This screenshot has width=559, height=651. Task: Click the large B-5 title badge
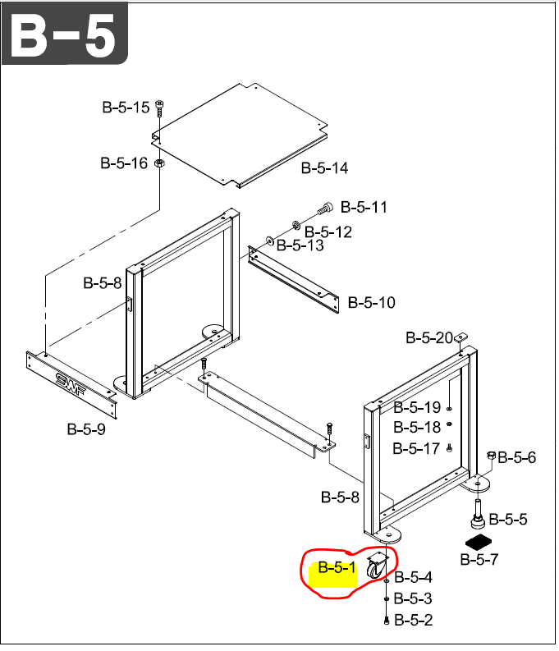pos(64,33)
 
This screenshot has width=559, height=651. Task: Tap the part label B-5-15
pos(126,108)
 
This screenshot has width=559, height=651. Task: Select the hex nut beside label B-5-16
pos(159,163)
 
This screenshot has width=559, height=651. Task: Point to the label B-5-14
pos(324,168)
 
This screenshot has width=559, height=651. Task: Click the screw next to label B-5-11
pos(325,208)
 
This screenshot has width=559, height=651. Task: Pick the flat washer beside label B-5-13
pos(270,241)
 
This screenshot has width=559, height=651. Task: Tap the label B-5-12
pos(328,232)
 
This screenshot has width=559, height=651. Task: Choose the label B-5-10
pos(371,303)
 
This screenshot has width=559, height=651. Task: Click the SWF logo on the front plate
pos(71,385)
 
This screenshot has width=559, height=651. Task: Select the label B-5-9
pos(86,429)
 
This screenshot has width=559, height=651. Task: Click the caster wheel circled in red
pos(377,566)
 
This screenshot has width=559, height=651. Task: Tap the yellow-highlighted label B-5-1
pos(337,567)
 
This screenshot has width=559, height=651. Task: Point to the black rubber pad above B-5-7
pos(479,542)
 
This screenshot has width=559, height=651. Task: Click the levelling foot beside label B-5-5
pos(479,514)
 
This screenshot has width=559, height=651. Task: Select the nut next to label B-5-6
pos(492,456)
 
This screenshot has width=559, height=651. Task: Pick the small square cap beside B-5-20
pos(460,337)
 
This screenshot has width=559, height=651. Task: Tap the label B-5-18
pos(417,427)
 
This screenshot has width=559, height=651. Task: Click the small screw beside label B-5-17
pos(449,448)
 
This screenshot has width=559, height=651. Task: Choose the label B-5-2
pos(414,621)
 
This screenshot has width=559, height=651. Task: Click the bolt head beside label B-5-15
pos(160,103)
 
